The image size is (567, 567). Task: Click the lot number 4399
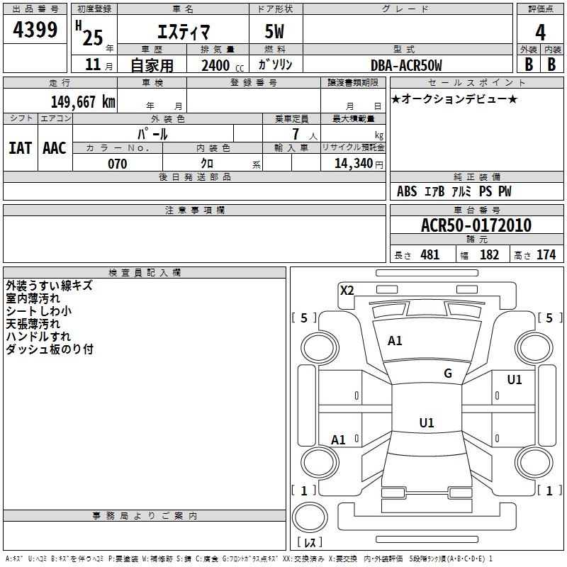[x=35, y=30]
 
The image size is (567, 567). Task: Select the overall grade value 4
[x=541, y=32]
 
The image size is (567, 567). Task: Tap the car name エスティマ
[x=182, y=32]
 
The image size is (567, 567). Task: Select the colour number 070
[x=117, y=164]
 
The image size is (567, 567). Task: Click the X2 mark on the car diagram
[x=347, y=290]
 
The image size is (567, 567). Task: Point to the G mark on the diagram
[x=448, y=374]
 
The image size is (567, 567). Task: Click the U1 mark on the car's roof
[x=426, y=423]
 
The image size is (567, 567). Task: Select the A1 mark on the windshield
[x=395, y=341]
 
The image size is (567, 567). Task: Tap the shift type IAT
[x=20, y=148]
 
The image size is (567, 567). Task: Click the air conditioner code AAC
[x=54, y=148]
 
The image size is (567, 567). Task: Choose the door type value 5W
[x=275, y=32]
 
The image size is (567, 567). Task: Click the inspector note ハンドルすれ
[x=38, y=336]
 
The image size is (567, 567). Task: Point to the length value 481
[x=430, y=255]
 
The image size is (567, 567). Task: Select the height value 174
[x=546, y=255]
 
